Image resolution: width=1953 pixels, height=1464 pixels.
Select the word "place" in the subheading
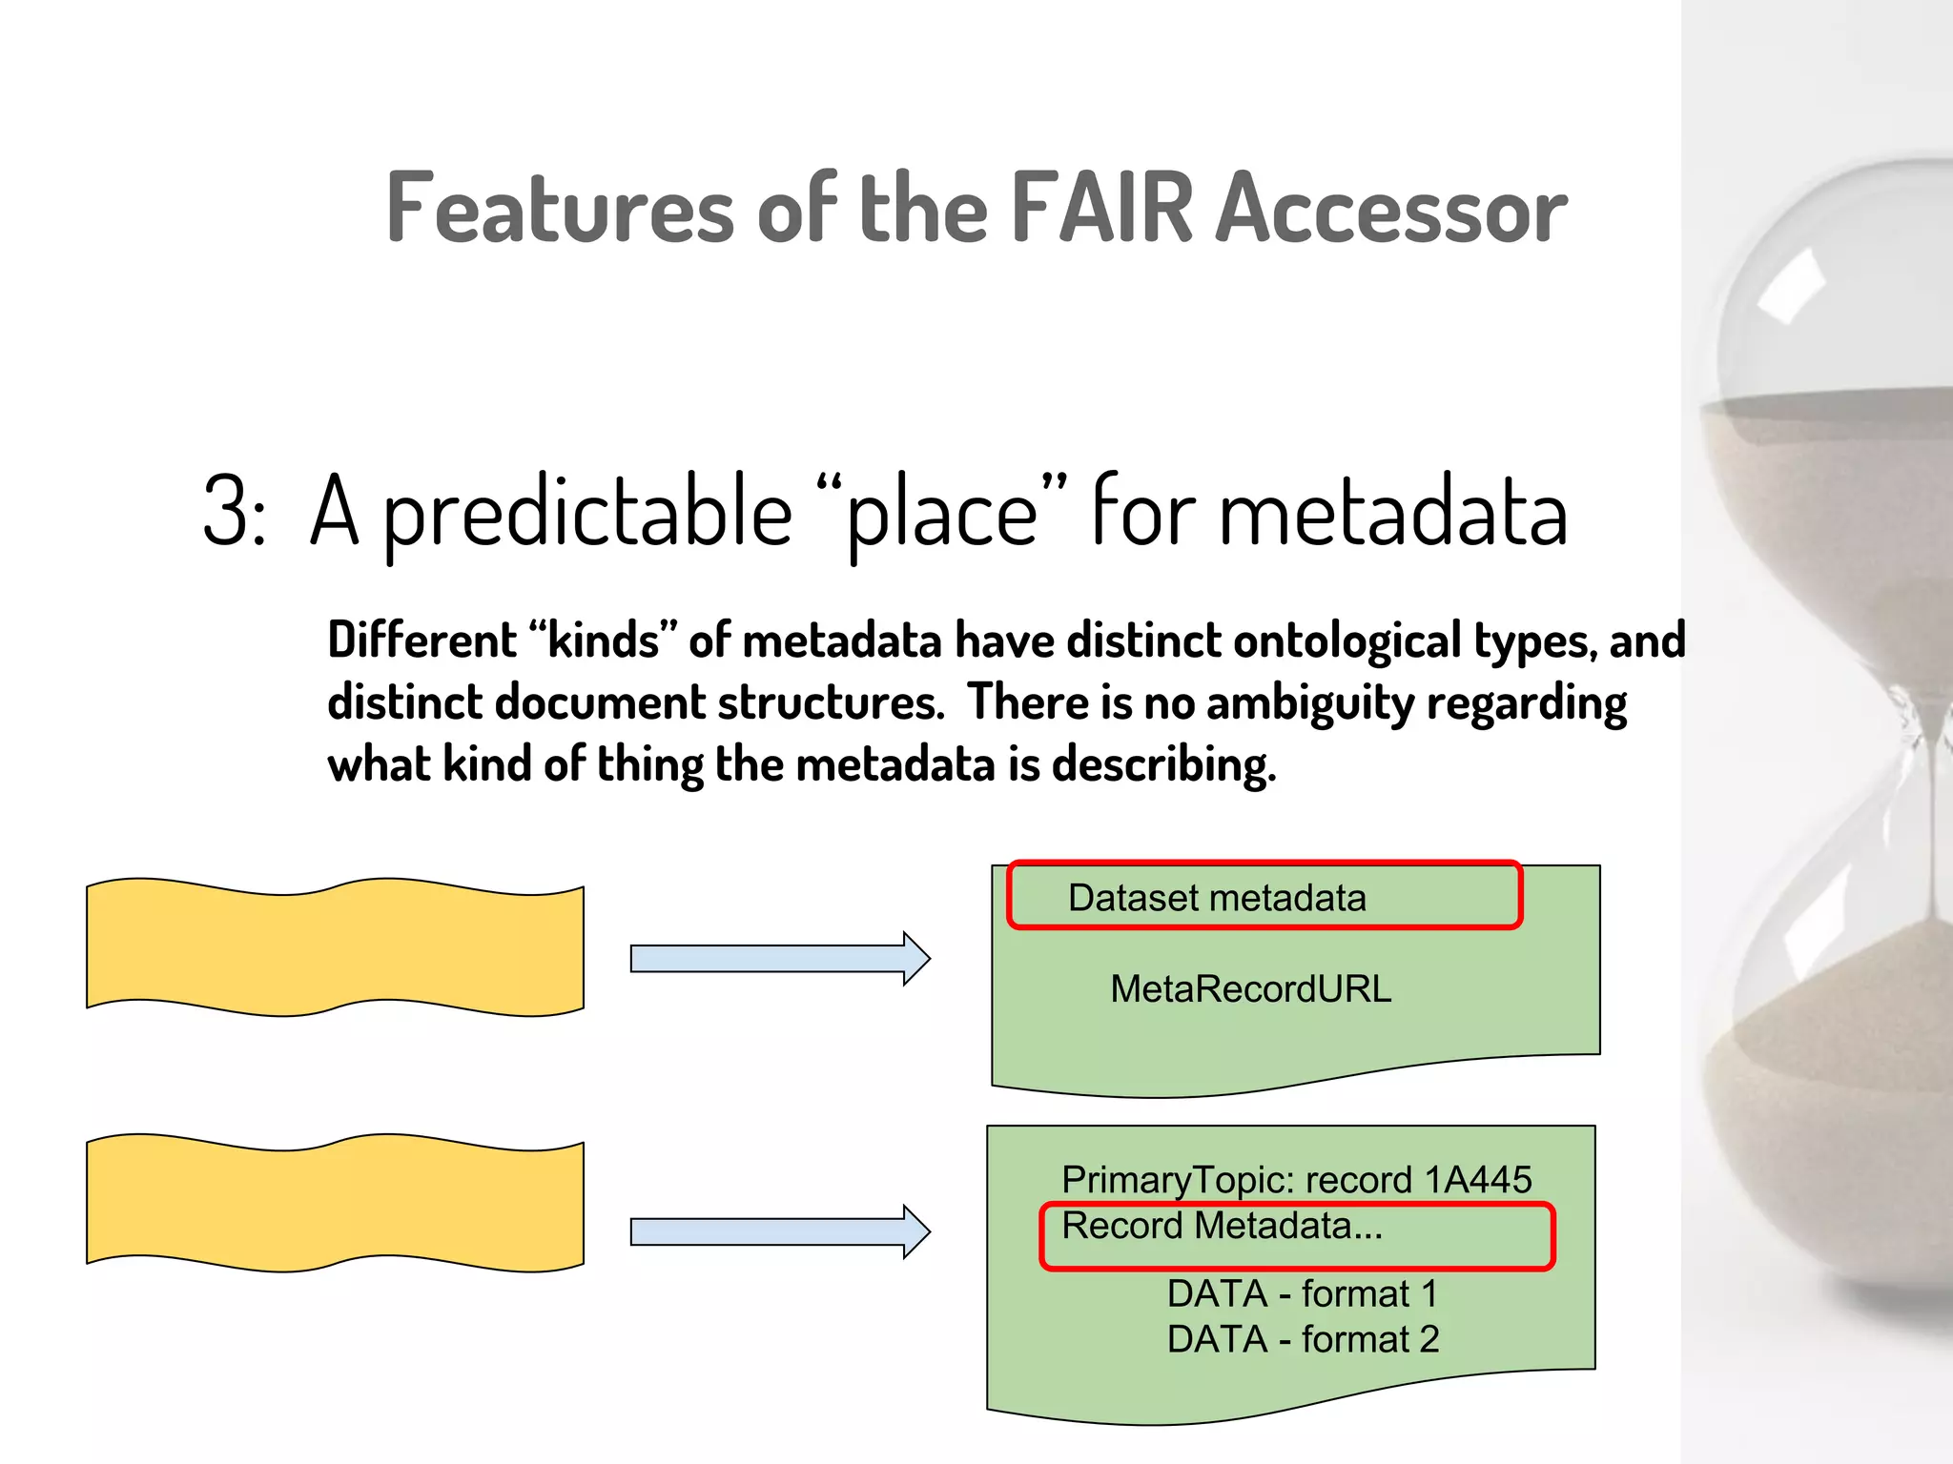940,513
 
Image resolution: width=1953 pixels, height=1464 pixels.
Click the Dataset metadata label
1217,898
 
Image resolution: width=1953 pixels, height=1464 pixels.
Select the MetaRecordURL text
1250,989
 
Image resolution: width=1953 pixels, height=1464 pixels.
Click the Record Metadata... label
1222,1227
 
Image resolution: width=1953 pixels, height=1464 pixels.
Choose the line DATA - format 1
1302,1294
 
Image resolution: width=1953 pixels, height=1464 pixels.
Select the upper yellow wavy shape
335,946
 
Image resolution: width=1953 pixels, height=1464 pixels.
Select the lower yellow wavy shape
335,1202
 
